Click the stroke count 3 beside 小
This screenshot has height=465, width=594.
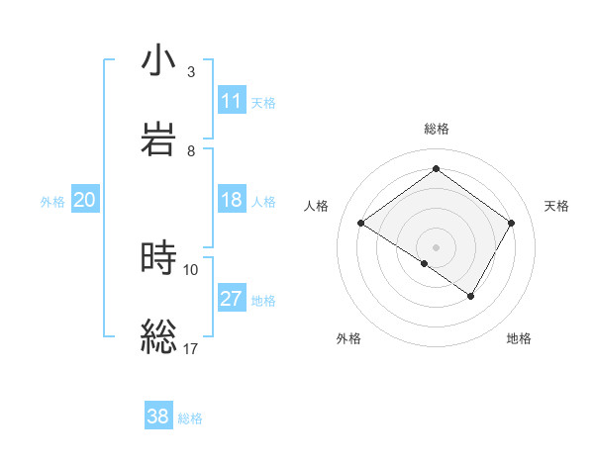[x=191, y=72]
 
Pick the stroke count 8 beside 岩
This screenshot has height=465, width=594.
[x=191, y=150]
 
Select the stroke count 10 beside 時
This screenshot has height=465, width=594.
[x=191, y=268]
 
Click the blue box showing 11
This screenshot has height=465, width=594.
[x=231, y=101]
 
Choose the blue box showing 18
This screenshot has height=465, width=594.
[x=231, y=200]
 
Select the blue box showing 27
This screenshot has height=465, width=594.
[x=231, y=299]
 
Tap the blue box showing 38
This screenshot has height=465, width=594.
[x=157, y=417]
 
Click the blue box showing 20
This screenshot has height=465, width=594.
[x=84, y=200]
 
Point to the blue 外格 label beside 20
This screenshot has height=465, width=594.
[x=52, y=201]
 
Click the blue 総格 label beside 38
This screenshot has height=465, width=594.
[x=190, y=418]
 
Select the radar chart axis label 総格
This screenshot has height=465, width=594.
[x=436, y=129]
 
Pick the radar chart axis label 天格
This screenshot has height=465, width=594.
[x=556, y=206]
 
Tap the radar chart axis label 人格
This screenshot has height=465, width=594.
[x=317, y=206]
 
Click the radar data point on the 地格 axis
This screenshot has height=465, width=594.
[x=471, y=296]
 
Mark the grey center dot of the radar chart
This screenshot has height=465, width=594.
[x=436, y=246]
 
